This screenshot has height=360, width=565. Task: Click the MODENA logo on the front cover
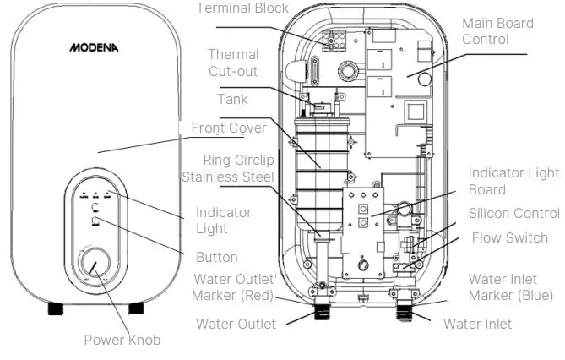[x=94, y=48]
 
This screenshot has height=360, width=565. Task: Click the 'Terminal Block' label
[x=242, y=8]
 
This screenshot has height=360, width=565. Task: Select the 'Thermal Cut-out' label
[x=233, y=63]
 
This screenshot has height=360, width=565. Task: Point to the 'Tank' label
[x=232, y=100]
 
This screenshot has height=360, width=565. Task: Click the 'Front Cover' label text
[x=229, y=128]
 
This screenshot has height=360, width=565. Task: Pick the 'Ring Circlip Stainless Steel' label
[x=228, y=168]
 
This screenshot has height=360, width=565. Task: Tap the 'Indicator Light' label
[x=224, y=221]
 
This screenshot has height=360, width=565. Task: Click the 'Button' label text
[x=216, y=257]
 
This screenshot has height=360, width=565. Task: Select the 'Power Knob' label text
[x=122, y=340]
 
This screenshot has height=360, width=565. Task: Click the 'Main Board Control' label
[x=498, y=31]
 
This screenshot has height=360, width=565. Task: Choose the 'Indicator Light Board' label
[x=513, y=181]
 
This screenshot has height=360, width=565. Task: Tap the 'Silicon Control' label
[x=513, y=214]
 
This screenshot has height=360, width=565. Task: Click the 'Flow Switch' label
[x=509, y=238]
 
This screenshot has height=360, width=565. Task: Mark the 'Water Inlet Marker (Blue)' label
[x=511, y=287]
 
